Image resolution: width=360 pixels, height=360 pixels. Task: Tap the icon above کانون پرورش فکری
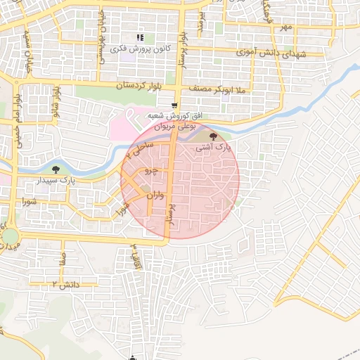(139, 37)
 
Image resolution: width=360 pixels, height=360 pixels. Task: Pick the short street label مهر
(285, 27)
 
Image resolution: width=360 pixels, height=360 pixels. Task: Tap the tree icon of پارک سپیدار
(56, 169)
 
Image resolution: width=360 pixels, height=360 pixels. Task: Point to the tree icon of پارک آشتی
(214, 135)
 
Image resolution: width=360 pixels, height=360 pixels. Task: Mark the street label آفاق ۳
(134, 259)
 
